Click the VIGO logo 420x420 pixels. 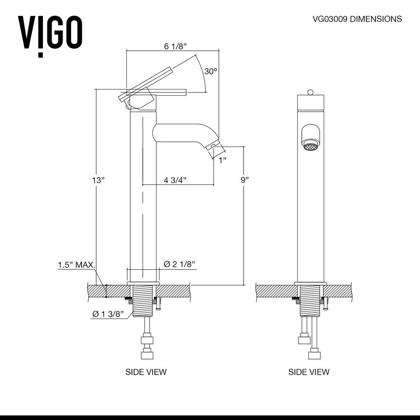[50, 34]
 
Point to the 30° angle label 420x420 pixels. [211, 71]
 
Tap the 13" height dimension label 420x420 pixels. [98, 180]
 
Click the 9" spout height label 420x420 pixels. [244, 180]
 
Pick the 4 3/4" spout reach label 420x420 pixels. [175, 180]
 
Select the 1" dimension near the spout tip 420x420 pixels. [222, 160]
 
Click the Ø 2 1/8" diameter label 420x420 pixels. [180, 264]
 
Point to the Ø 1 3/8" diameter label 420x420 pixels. [108, 314]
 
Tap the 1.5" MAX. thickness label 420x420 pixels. [76, 265]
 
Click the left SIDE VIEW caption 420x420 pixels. [146, 372]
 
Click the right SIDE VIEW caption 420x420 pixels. [309, 372]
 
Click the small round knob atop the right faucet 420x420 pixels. [311, 92]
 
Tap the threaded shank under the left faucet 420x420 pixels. [144, 300]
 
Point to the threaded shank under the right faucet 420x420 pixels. [311, 300]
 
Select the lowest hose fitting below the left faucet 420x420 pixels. [146, 355]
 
